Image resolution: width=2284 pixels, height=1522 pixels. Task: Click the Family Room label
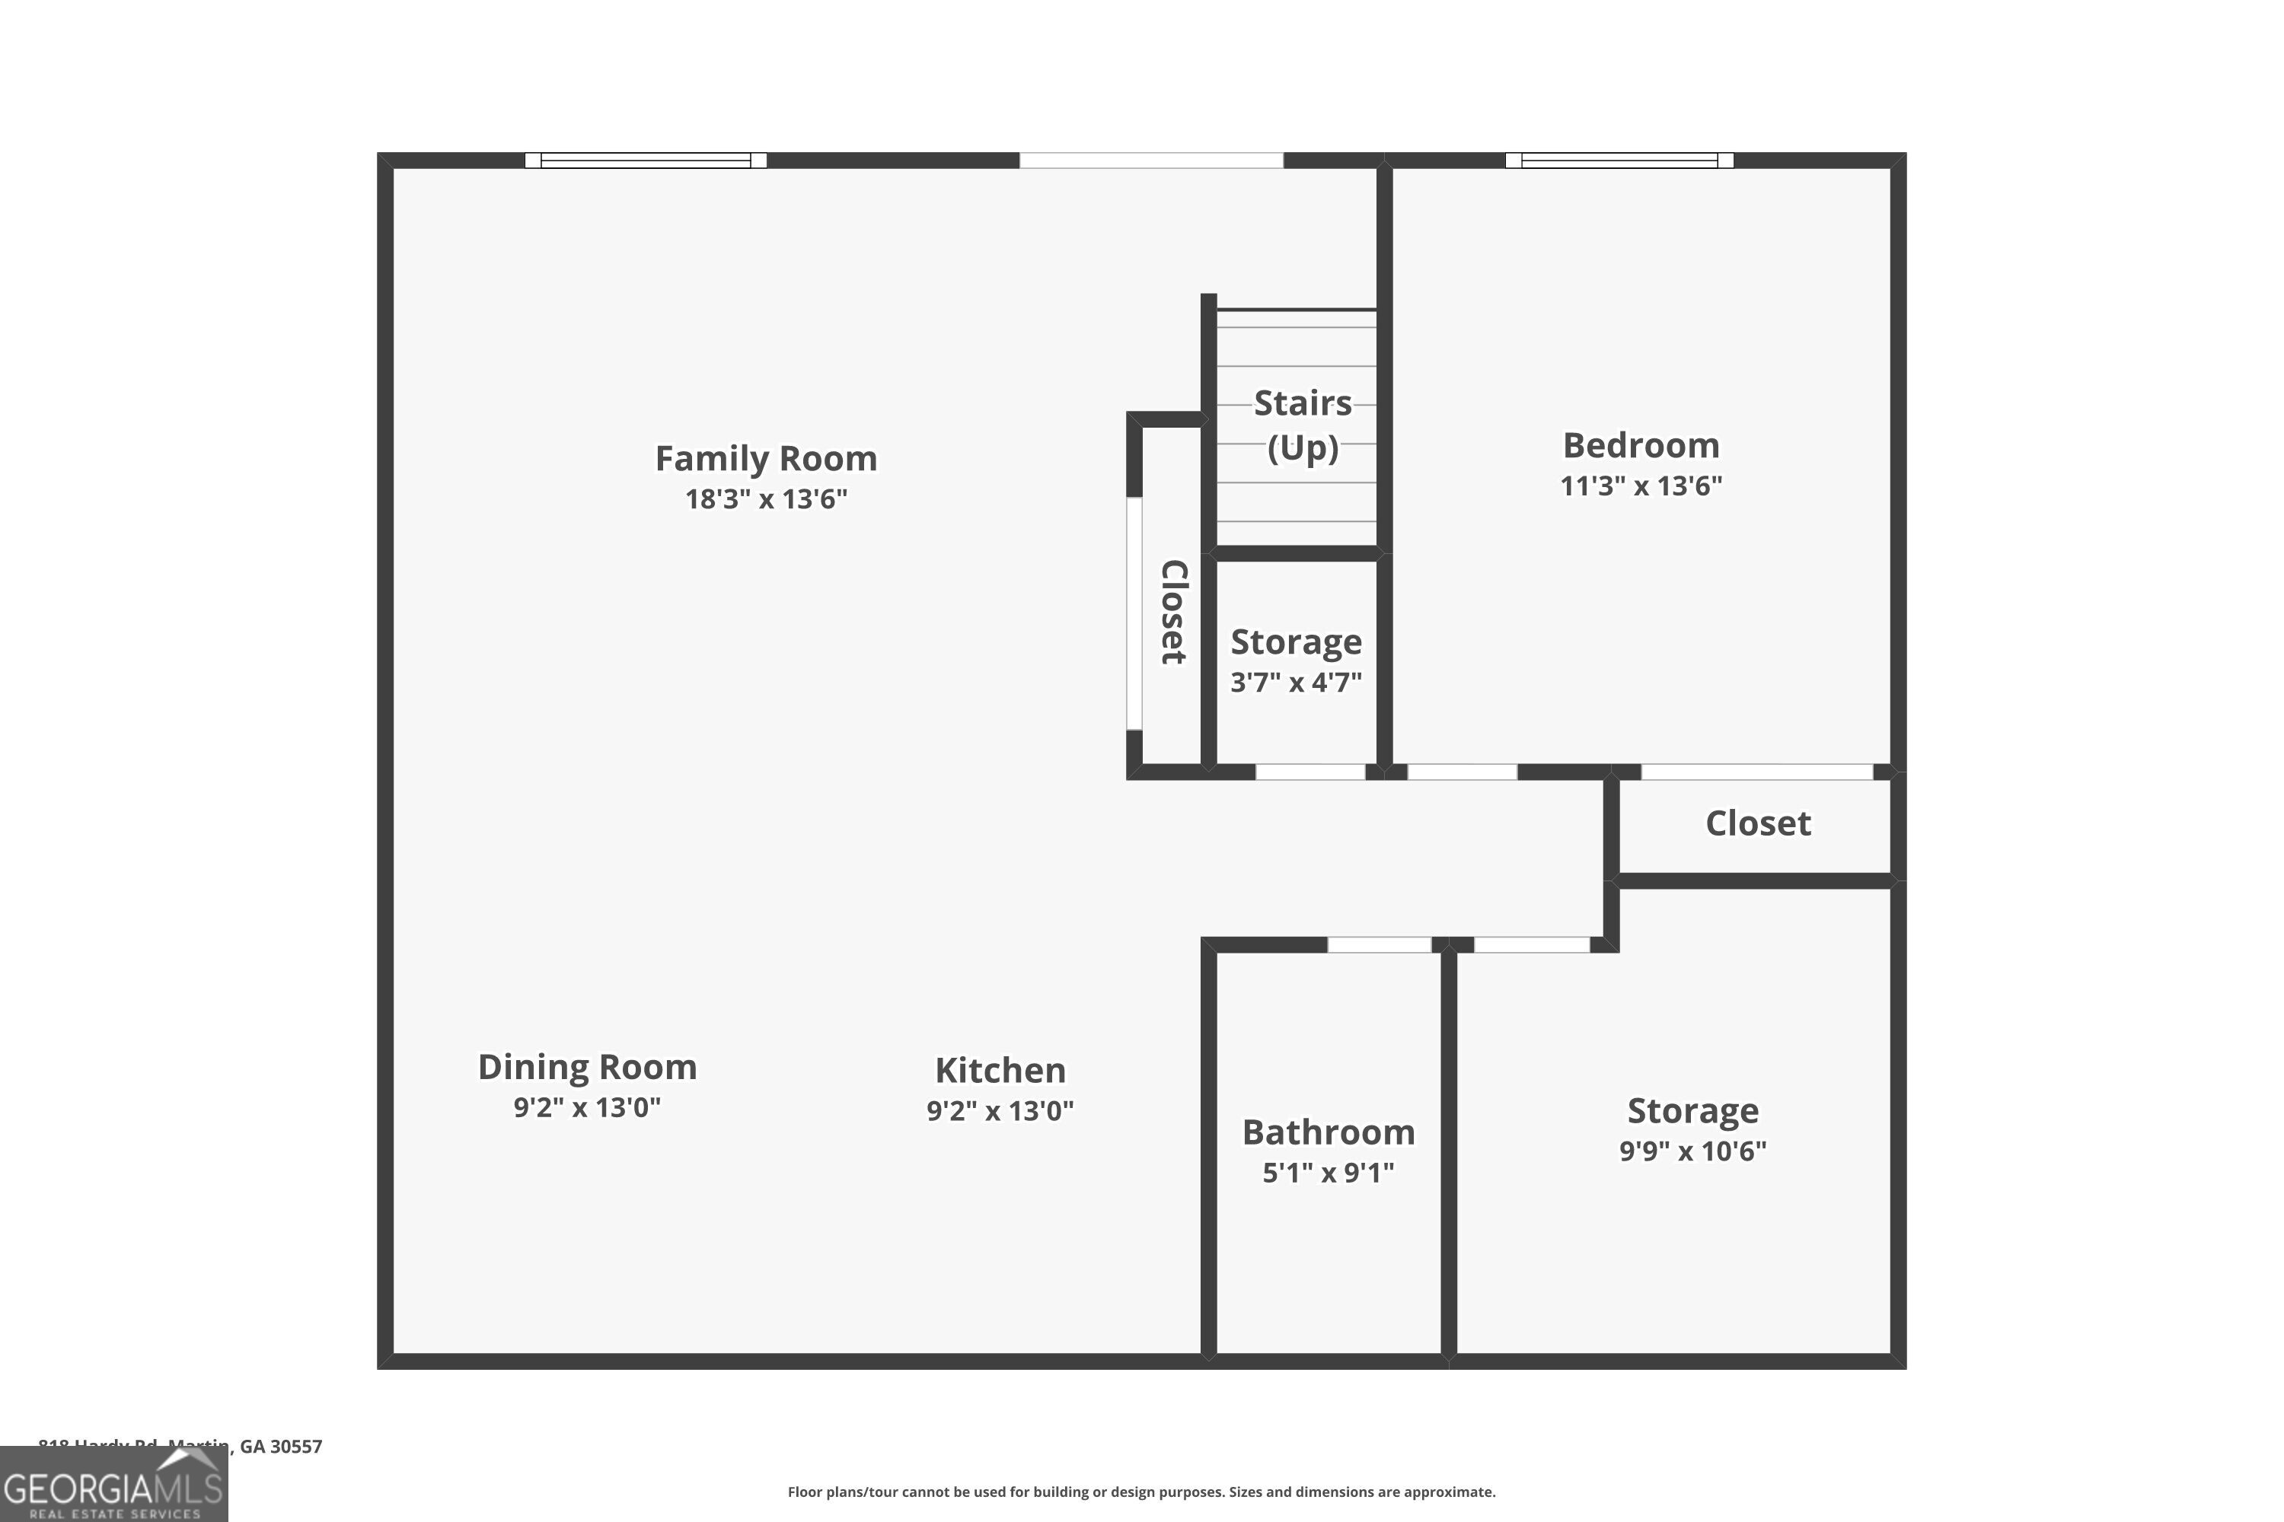point(765,458)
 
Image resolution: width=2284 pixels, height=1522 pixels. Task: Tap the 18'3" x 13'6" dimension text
point(765,499)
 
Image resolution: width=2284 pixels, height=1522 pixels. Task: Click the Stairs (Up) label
point(1302,424)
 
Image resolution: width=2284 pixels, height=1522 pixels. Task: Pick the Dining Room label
point(586,1067)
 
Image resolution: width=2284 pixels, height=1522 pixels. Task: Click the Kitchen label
point(1000,1070)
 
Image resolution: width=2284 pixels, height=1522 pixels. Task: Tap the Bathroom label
point(1328,1132)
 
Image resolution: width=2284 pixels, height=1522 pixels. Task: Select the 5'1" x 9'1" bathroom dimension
point(1328,1173)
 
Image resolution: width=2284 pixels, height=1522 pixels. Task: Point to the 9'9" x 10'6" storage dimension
point(1692,1150)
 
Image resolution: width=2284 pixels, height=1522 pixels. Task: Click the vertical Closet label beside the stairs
point(1174,612)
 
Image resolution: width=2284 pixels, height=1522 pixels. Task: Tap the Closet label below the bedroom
point(1758,823)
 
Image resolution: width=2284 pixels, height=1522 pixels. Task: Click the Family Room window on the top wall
point(646,160)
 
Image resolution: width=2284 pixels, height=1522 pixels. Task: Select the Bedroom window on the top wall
point(1619,160)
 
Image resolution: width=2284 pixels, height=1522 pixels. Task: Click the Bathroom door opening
point(1379,944)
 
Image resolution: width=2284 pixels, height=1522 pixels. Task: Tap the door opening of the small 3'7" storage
point(1310,772)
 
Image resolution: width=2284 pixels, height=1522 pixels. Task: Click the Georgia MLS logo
point(113,1485)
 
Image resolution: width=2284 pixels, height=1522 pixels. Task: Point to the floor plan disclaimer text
point(1141,1492)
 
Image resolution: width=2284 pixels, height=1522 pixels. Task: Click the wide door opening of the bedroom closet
point(1756,772)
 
